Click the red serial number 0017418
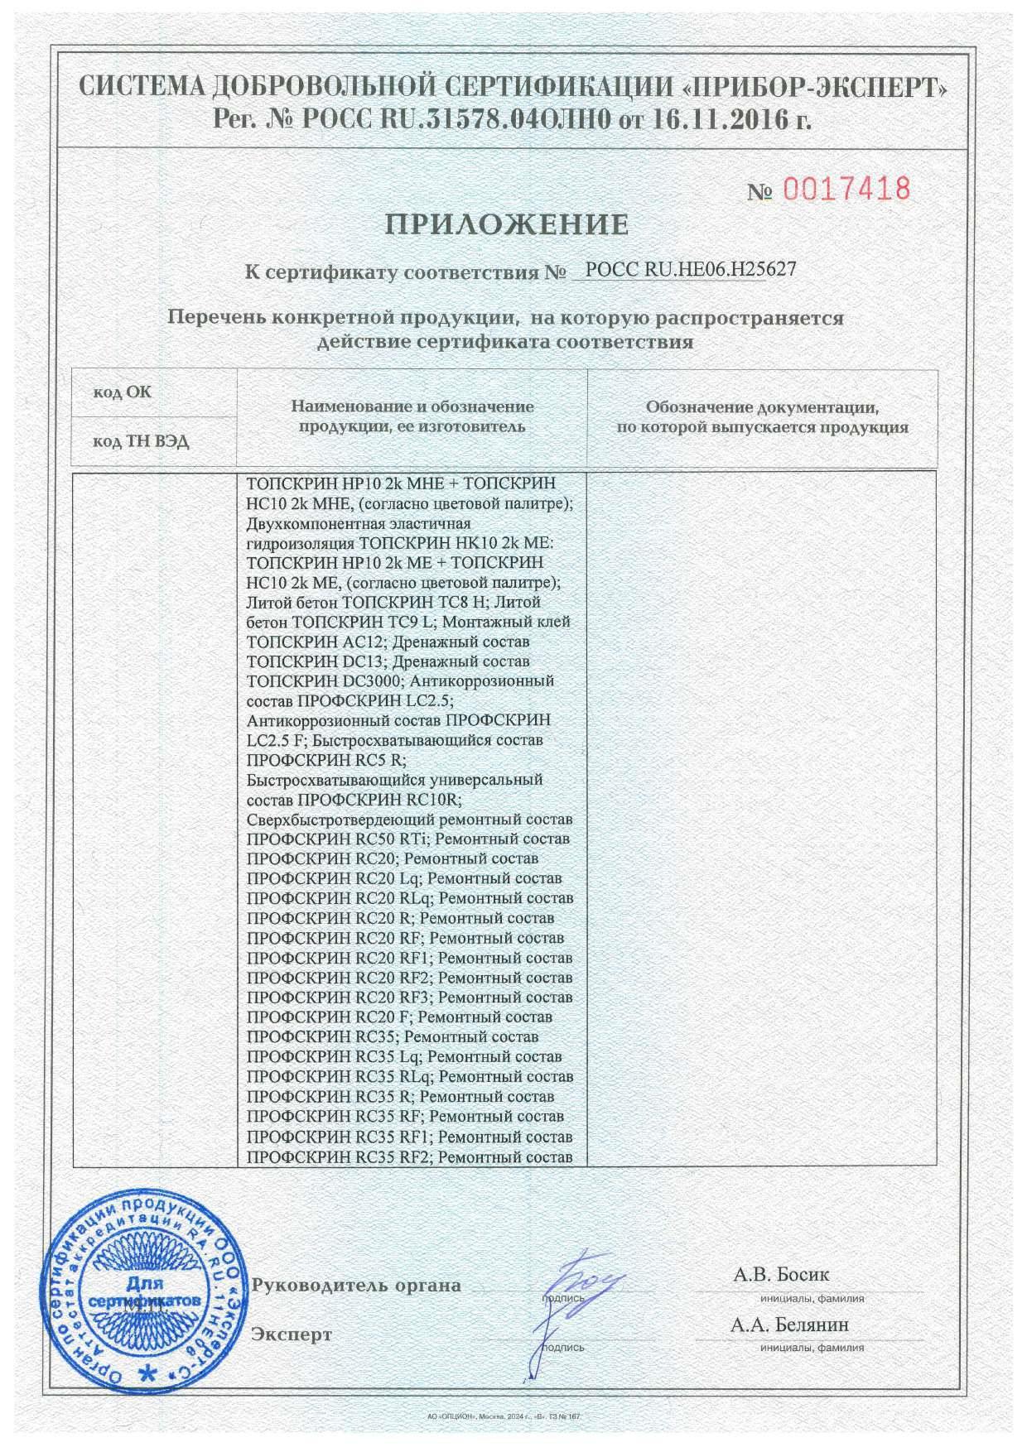click(x=846, y=190)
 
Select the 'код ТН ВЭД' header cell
click(x=141, y=441)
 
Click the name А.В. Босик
click(x=781, y=1274)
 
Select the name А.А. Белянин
click(x=789, y=1325)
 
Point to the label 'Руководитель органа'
click(x=357, y=1286)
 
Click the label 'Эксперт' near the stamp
click(x=292, y=1334)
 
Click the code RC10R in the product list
click(x=431, y=800)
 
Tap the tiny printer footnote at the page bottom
click(x=500, y=1417)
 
